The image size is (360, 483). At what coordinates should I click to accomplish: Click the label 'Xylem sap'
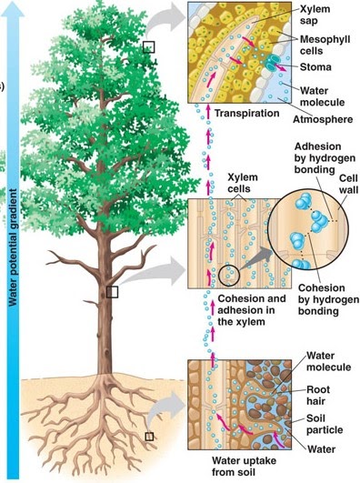316,15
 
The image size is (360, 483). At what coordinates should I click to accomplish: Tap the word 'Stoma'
317,66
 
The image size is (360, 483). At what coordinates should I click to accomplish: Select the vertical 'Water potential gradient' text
14,255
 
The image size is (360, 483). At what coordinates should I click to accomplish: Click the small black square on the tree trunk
113,291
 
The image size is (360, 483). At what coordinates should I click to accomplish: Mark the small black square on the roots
148,437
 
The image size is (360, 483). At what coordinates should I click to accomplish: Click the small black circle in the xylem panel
227,272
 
